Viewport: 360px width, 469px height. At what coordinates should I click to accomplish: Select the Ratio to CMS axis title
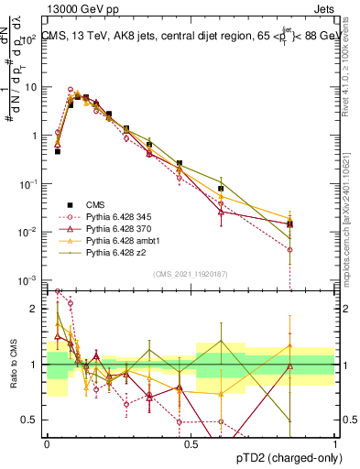tap(13, 363)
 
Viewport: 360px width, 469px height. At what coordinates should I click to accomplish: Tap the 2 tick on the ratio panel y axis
tap(35, 309)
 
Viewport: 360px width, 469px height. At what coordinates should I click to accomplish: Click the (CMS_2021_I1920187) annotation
tap(191, 273)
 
